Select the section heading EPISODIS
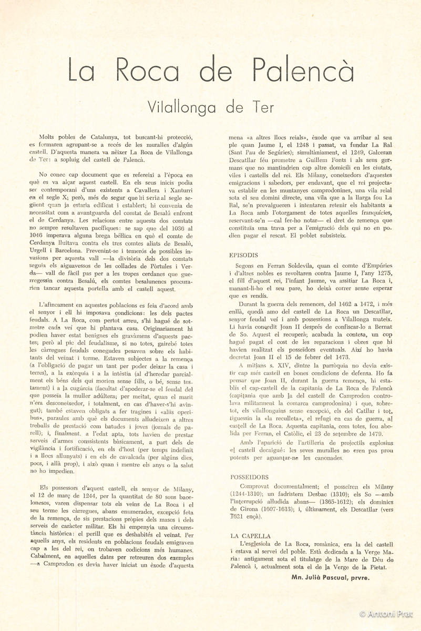(x=244, y=255)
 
